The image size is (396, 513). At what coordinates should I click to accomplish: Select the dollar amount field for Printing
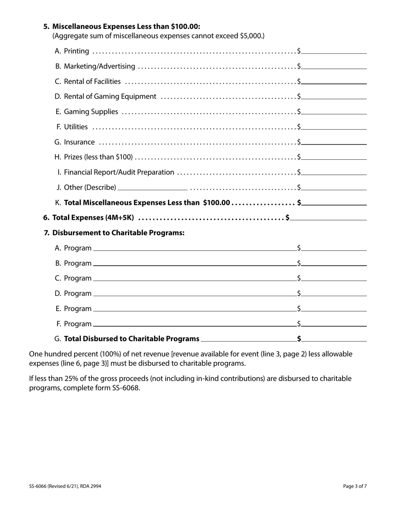click(334, 51)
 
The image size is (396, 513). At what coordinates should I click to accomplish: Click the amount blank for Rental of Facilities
click(334, 81)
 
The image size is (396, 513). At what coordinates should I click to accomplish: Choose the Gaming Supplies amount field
click(334, 111)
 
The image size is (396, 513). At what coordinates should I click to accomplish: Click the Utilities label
click(76, 127)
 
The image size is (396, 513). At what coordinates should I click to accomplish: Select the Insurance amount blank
click(334, 142)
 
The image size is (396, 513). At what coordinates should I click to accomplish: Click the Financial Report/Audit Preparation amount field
click(334, 172)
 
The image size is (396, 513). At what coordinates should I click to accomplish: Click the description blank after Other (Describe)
click(153, 187)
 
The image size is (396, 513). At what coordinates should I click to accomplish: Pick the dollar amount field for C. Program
click(334, 278)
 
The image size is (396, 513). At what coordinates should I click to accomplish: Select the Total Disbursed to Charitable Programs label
click(132, 339)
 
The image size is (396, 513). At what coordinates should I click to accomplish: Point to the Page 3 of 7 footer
click(355, 486)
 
